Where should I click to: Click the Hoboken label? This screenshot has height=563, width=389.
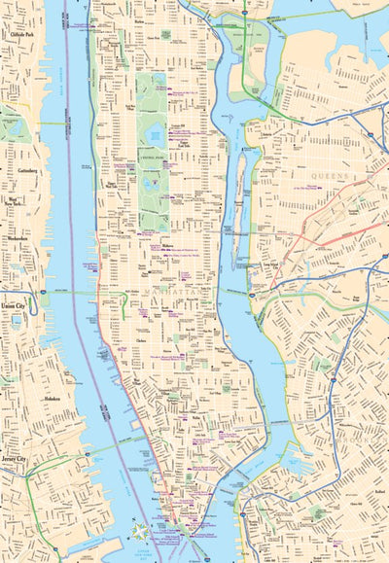click(53, 398)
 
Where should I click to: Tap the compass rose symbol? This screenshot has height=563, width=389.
click(143, 532)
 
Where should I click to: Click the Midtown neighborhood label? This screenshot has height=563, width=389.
click(166, 246)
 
